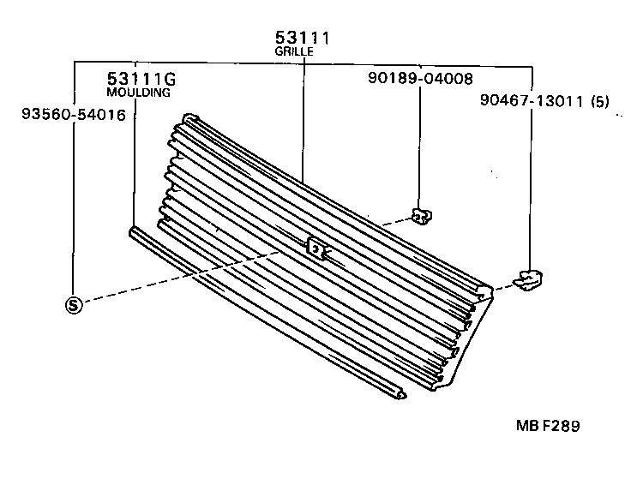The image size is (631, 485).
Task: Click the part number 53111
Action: pyautogui.click(x=303, y=39)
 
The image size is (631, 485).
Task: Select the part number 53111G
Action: pyautogui.click(x=141, y=80)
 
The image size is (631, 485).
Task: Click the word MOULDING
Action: pyautogui.click(x=138, y=92)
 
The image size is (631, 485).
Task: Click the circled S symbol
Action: pyautogui.click(x=75, y=304)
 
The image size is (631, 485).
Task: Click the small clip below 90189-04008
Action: pyautogui.click(x=420, y=216)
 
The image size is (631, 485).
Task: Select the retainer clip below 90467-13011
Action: pyautogui.click(x=531, y=278)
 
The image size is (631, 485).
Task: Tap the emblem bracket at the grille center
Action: pyautogui.click(x=315, y=248)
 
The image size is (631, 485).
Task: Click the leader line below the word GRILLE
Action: pyautogui.click(x=303, y=120)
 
